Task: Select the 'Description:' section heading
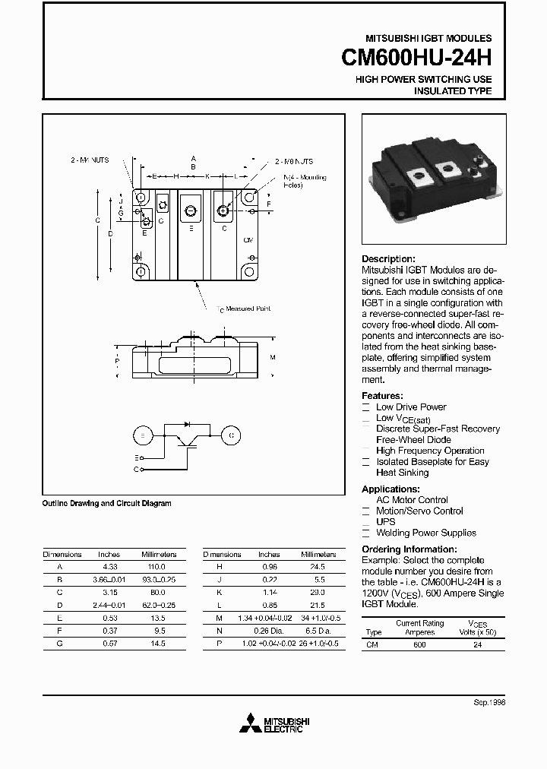(x=388, y=259)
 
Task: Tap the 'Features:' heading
(x=382, y=396)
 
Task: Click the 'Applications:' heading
(x=390, y=489)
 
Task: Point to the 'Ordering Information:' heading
(x=409, y=549)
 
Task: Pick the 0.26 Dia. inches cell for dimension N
(x=269, y=631)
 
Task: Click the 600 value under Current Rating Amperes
(x=419, y=645)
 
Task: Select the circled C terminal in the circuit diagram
(x=230, y=435)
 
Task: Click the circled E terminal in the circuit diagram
(x=142, y=435)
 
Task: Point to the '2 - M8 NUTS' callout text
(x=293, y=161)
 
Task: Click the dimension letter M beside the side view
(x=272, y=356)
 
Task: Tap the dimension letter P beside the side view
(x=117, y=362)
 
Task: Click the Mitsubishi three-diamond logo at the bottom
(x=249, y=725)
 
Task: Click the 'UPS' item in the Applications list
(x=386, y=522)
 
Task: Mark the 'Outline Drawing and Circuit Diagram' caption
(x=106, y=503)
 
